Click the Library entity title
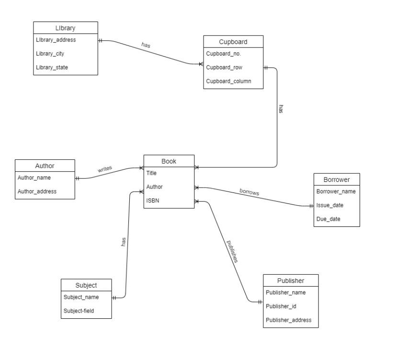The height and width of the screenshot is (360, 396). (x=65, y=28)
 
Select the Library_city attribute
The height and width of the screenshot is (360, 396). (x=50, y=54)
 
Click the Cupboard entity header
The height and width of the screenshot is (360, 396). (x=233, y=42)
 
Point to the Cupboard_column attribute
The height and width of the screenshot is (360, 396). (x=228, y=81)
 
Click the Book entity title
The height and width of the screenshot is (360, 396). (x=169, y=161)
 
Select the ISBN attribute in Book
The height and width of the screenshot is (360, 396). (x=152, y=201)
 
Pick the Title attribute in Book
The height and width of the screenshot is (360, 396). (x=151, y=173)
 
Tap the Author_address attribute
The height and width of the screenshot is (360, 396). (x=37, y=191)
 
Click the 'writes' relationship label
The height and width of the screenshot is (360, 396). (x=105, y=169)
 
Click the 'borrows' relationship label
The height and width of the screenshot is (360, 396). (x=249, y=192)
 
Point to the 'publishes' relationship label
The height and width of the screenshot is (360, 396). (x=232, y=251)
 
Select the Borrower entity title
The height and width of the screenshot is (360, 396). (x=336, y=180)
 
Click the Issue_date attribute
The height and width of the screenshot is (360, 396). (x=329, y=205)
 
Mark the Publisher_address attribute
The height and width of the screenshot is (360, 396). (x=288, y=320)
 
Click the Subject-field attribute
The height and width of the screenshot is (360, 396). (x=79, y=311)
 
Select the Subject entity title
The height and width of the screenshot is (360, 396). (x=86, y=285)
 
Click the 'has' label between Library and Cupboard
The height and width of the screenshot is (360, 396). (x=146, y=45)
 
